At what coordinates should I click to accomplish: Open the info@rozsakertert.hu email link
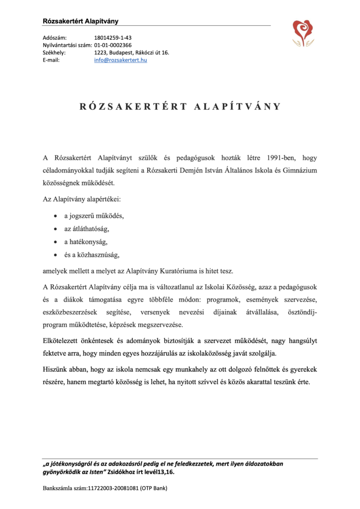coord(120,60)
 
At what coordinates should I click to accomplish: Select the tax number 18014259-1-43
coord(113,37)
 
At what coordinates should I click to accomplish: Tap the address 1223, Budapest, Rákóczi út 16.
coord(131,52)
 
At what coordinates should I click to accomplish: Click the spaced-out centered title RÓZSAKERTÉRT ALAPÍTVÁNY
coord(180,106)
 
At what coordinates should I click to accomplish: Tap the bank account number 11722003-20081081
coord(112,488)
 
